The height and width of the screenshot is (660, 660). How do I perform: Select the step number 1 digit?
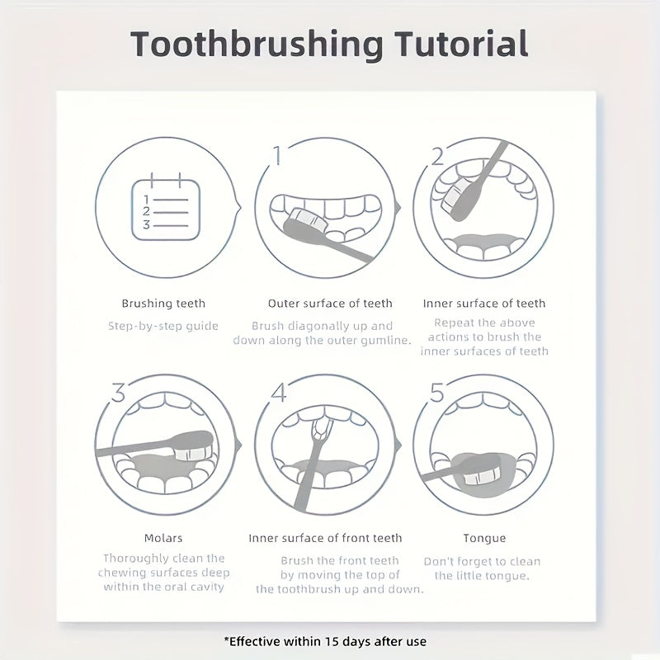pyautogui.click(x=278, y=154)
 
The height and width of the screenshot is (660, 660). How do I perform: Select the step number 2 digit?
pyautogui.click(x=436, y=155)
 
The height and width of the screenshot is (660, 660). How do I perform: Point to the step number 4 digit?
pyautogui.click(x=278, y=393)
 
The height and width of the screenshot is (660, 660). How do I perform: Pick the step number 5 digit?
pyautogui.click(x=436, y=393)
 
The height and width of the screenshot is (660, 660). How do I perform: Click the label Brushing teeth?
pyautogui.click(x=163, y=304)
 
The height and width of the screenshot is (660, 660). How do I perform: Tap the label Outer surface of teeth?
pyautogui.click(x=330, y=304)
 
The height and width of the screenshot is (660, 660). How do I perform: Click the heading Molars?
pyautogui.click(x=163, y=538)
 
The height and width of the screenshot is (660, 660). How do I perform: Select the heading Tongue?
pyautogui.click(x=484, y=538)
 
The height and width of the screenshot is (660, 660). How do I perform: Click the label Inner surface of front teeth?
pyautogui.click(x=325, y=538)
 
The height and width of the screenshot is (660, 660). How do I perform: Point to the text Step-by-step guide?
pyautogui.click(x=163, y=326)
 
